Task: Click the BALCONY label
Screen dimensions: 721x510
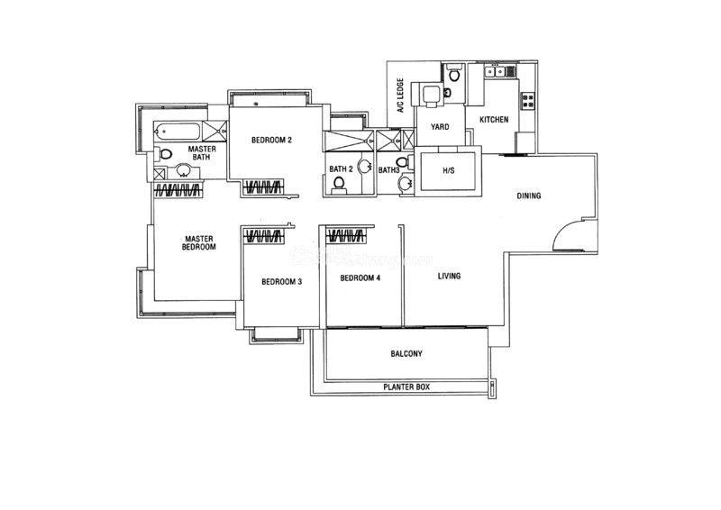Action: (406, 353)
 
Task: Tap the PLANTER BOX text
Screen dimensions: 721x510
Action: (406, 387)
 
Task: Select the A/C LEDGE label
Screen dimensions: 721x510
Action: (400, 96)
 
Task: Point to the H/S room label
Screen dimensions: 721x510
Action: (448, 170)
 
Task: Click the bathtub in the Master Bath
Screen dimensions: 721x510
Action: (177, 132)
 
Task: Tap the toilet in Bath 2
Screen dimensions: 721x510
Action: (340, 184)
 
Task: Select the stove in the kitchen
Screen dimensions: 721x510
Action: (527, 101)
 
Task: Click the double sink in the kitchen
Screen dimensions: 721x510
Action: (495, 72)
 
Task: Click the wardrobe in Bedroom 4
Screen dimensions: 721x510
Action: (347, 236)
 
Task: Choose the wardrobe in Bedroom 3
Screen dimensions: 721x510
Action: (264, 236)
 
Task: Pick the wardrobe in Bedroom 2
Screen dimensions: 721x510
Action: (264, 187)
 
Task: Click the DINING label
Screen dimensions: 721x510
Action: (529, 196)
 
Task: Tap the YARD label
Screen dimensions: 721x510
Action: (440, 127)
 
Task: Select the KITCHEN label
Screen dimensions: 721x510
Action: (494, 120)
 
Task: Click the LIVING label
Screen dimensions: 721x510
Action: (449, 276)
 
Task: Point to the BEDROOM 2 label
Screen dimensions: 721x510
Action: (272, 140)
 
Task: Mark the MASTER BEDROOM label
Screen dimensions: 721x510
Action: (199, 242)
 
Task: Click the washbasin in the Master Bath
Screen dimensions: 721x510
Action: (184, 170)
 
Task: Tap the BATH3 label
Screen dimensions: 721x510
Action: (389, 170)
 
